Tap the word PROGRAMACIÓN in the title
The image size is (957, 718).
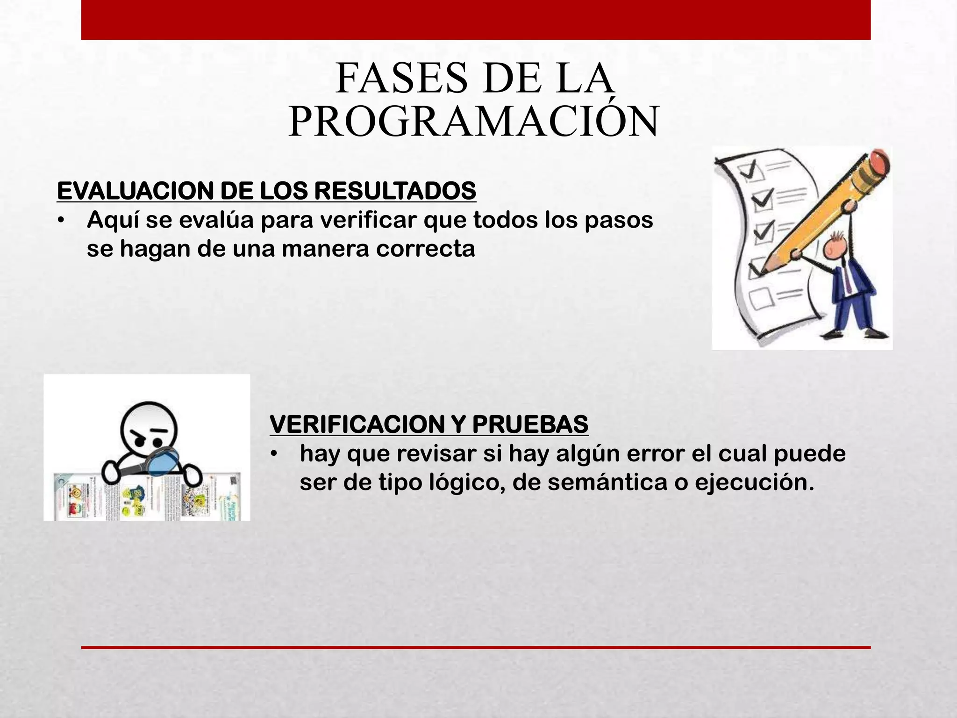(x=473, y=122)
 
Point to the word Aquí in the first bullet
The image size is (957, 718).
(x=113, y=220)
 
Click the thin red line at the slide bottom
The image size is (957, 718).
(x=476, y=647)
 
